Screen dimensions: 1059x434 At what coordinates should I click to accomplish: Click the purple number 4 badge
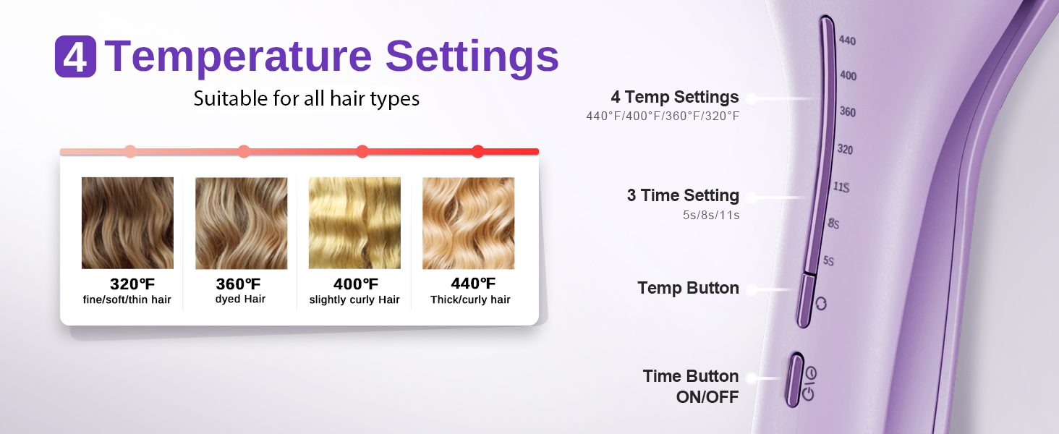[76, 56]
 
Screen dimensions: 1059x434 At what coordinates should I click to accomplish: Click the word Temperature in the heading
[238, 57]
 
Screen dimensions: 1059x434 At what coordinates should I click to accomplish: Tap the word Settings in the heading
[472, 57]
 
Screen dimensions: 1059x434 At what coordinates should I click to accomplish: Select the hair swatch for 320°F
[127, 223]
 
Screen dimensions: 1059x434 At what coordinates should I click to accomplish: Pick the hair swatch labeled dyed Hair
[241, 223]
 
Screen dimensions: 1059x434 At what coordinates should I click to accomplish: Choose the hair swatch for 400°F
[354, 223]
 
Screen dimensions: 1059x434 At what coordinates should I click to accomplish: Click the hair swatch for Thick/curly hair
[469, 223]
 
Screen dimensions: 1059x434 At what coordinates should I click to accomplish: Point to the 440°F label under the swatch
[473, 284]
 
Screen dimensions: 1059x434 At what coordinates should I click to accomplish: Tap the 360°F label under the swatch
[238, 284]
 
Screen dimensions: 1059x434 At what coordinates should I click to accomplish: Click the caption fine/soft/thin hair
[127, 299]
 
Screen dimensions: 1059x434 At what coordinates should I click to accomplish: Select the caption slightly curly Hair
[354, 299]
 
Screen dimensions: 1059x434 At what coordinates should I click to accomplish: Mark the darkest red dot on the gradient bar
[478, 151]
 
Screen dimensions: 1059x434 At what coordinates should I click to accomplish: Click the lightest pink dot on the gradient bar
[130, 151]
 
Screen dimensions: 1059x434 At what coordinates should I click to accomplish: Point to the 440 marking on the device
[847, 41]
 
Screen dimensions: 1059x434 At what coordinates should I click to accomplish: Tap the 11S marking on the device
[841, 187]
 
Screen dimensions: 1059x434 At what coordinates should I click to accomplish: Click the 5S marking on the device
[828, 260]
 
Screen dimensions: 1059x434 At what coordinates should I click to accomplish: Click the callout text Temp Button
[688, 288]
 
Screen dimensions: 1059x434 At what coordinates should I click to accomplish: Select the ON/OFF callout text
[707, 397]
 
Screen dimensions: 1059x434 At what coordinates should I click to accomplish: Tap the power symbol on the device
[808, 393]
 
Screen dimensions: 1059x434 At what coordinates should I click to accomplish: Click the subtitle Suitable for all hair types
[307, 99]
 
